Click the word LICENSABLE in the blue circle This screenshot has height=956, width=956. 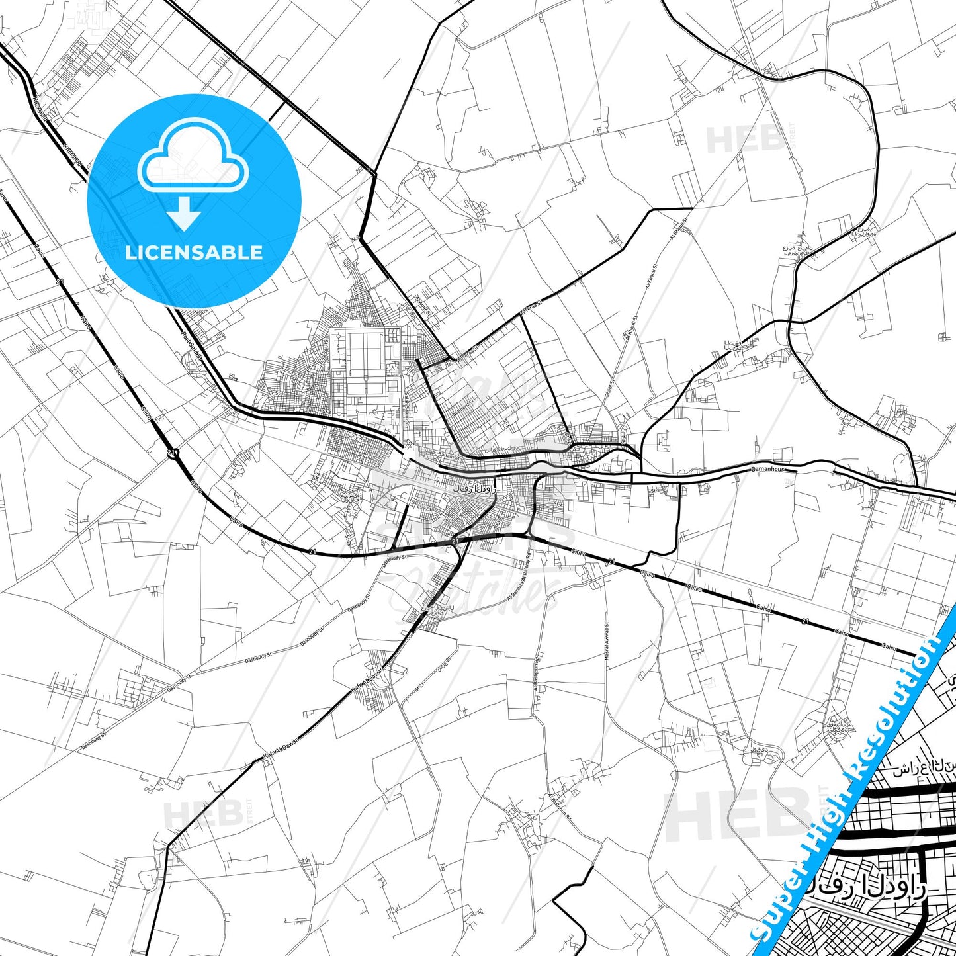(194, 253)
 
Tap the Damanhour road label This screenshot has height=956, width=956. (767, 469)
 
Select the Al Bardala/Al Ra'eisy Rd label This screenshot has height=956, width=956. (519, 576)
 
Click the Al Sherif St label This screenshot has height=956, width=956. (464, 410)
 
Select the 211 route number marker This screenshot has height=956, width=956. (173, 453)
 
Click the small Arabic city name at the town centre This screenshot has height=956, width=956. (474, 488)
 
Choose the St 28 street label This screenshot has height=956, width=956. (349, 539)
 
